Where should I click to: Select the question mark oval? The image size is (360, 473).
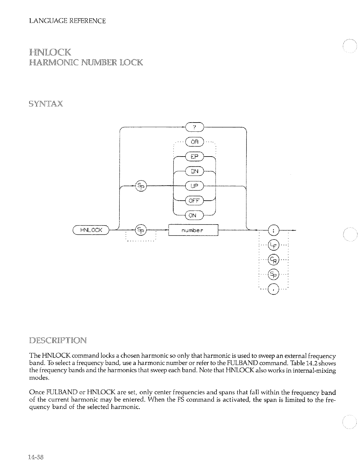point(195,127)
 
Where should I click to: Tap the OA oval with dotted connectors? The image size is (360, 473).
point(195,142)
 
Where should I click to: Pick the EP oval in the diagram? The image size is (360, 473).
point(195,157)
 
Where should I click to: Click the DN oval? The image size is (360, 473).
point(195,172)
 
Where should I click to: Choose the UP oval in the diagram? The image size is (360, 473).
point(195,186)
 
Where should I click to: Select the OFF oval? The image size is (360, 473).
point(194,201)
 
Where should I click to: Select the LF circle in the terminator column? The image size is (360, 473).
point(273,244)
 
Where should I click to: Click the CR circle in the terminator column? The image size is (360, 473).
point(273,259)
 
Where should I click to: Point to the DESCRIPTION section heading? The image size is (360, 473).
point(58,340)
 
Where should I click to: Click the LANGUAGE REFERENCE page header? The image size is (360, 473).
point(67,21)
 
